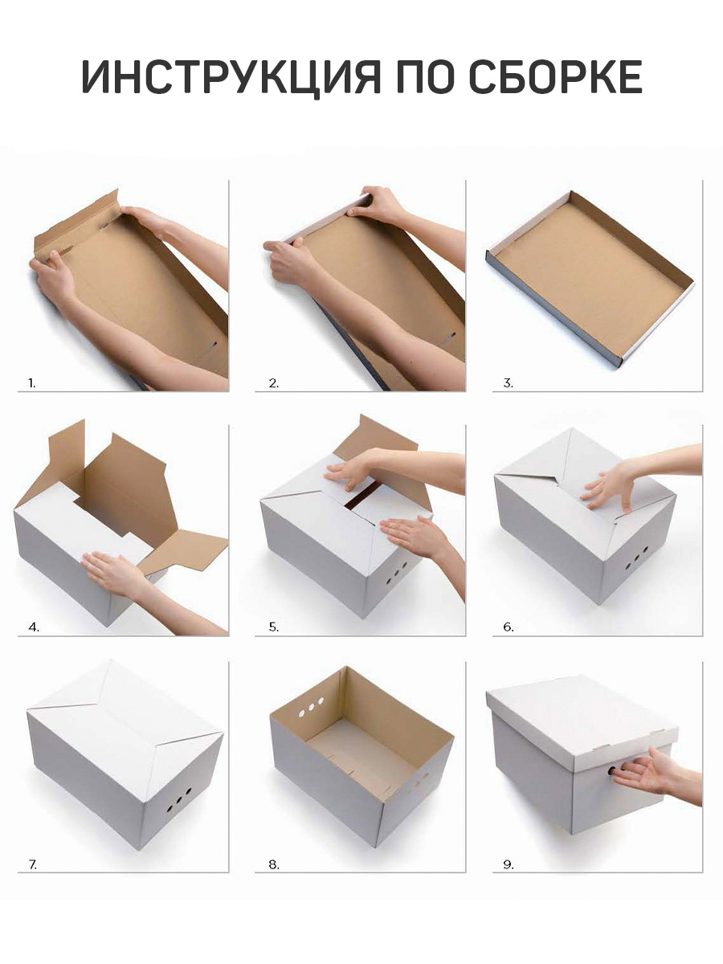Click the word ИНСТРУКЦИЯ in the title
tap(231, 76)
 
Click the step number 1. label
tap(31, 383)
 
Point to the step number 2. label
tap(273, 383)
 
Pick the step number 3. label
tap(508, 383)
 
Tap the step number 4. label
tap(34, 627)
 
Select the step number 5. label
tap(273, 627)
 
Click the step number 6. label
tap(508, 627)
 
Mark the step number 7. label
tap(33, 864)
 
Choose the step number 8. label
tap(273, 864)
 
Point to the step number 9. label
tap(508, 864)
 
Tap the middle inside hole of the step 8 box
tap(312, 707)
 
